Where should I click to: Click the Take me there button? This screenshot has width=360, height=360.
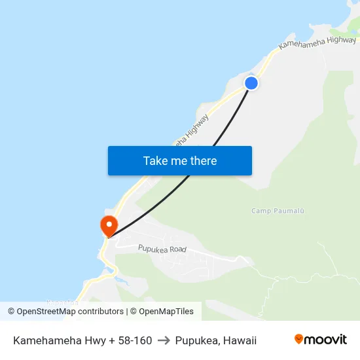coord(180,160)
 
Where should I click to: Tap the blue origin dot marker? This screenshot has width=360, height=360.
coord(251,82)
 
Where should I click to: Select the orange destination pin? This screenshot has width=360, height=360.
coord(108,226)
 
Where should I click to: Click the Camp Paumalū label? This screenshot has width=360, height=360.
coord(278,210)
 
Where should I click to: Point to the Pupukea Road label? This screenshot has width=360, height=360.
coord(162,249)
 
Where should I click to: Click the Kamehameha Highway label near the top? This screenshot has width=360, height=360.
coord(317,44)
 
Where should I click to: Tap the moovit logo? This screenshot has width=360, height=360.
coord(321,340)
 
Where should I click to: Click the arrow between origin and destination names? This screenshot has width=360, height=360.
coord(164,340)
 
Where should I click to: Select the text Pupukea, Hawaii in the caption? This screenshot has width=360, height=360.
coord(216,340)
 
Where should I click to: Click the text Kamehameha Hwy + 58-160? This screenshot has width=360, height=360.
coord(82,340)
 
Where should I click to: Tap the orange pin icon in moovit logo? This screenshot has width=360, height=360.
coord(299,340)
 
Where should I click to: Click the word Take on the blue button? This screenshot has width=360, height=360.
coord(155,160)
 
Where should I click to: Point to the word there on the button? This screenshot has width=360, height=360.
coord(202,160)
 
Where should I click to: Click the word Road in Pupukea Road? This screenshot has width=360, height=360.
coord(177,250)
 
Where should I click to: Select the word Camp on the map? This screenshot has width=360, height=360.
coord(260,210)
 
